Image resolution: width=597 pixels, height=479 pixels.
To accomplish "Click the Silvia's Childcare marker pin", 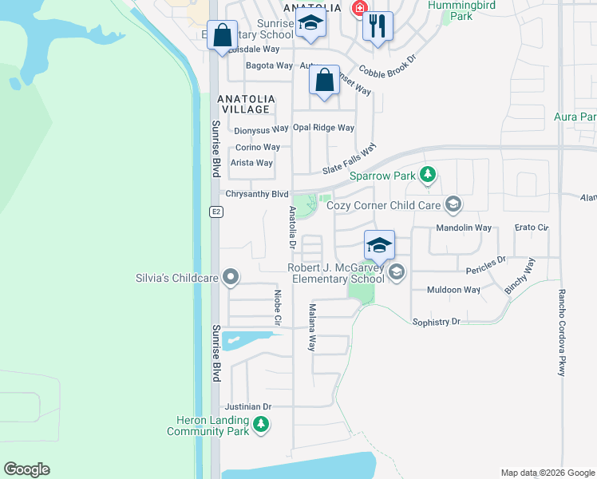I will click(231, 278).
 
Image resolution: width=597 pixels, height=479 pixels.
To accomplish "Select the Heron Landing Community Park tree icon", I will click(261, 426).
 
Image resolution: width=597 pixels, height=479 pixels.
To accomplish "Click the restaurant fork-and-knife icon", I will click(378, 26).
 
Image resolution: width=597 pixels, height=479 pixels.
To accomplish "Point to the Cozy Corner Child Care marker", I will click(453, 206).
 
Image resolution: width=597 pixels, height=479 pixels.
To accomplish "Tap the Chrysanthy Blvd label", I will click(257, 194).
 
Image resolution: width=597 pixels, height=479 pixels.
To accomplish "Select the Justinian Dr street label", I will click(248, 406).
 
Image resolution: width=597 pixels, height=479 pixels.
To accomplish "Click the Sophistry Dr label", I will click(437, 322).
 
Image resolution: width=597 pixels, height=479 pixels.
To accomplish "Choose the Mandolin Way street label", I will click(463, 228).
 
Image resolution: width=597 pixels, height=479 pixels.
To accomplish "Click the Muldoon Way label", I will click(454, 290).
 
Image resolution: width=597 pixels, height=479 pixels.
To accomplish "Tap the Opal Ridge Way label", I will click(323, 128).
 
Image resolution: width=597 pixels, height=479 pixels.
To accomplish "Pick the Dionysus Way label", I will click(261, 129).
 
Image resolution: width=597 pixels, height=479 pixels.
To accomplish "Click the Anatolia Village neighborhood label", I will click(247, 104).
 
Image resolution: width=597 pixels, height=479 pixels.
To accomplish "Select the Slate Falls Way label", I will click(349, 160).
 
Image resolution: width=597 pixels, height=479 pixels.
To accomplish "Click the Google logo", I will click(26, 469).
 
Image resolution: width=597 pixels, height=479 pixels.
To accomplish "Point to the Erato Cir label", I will click(532, 228).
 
